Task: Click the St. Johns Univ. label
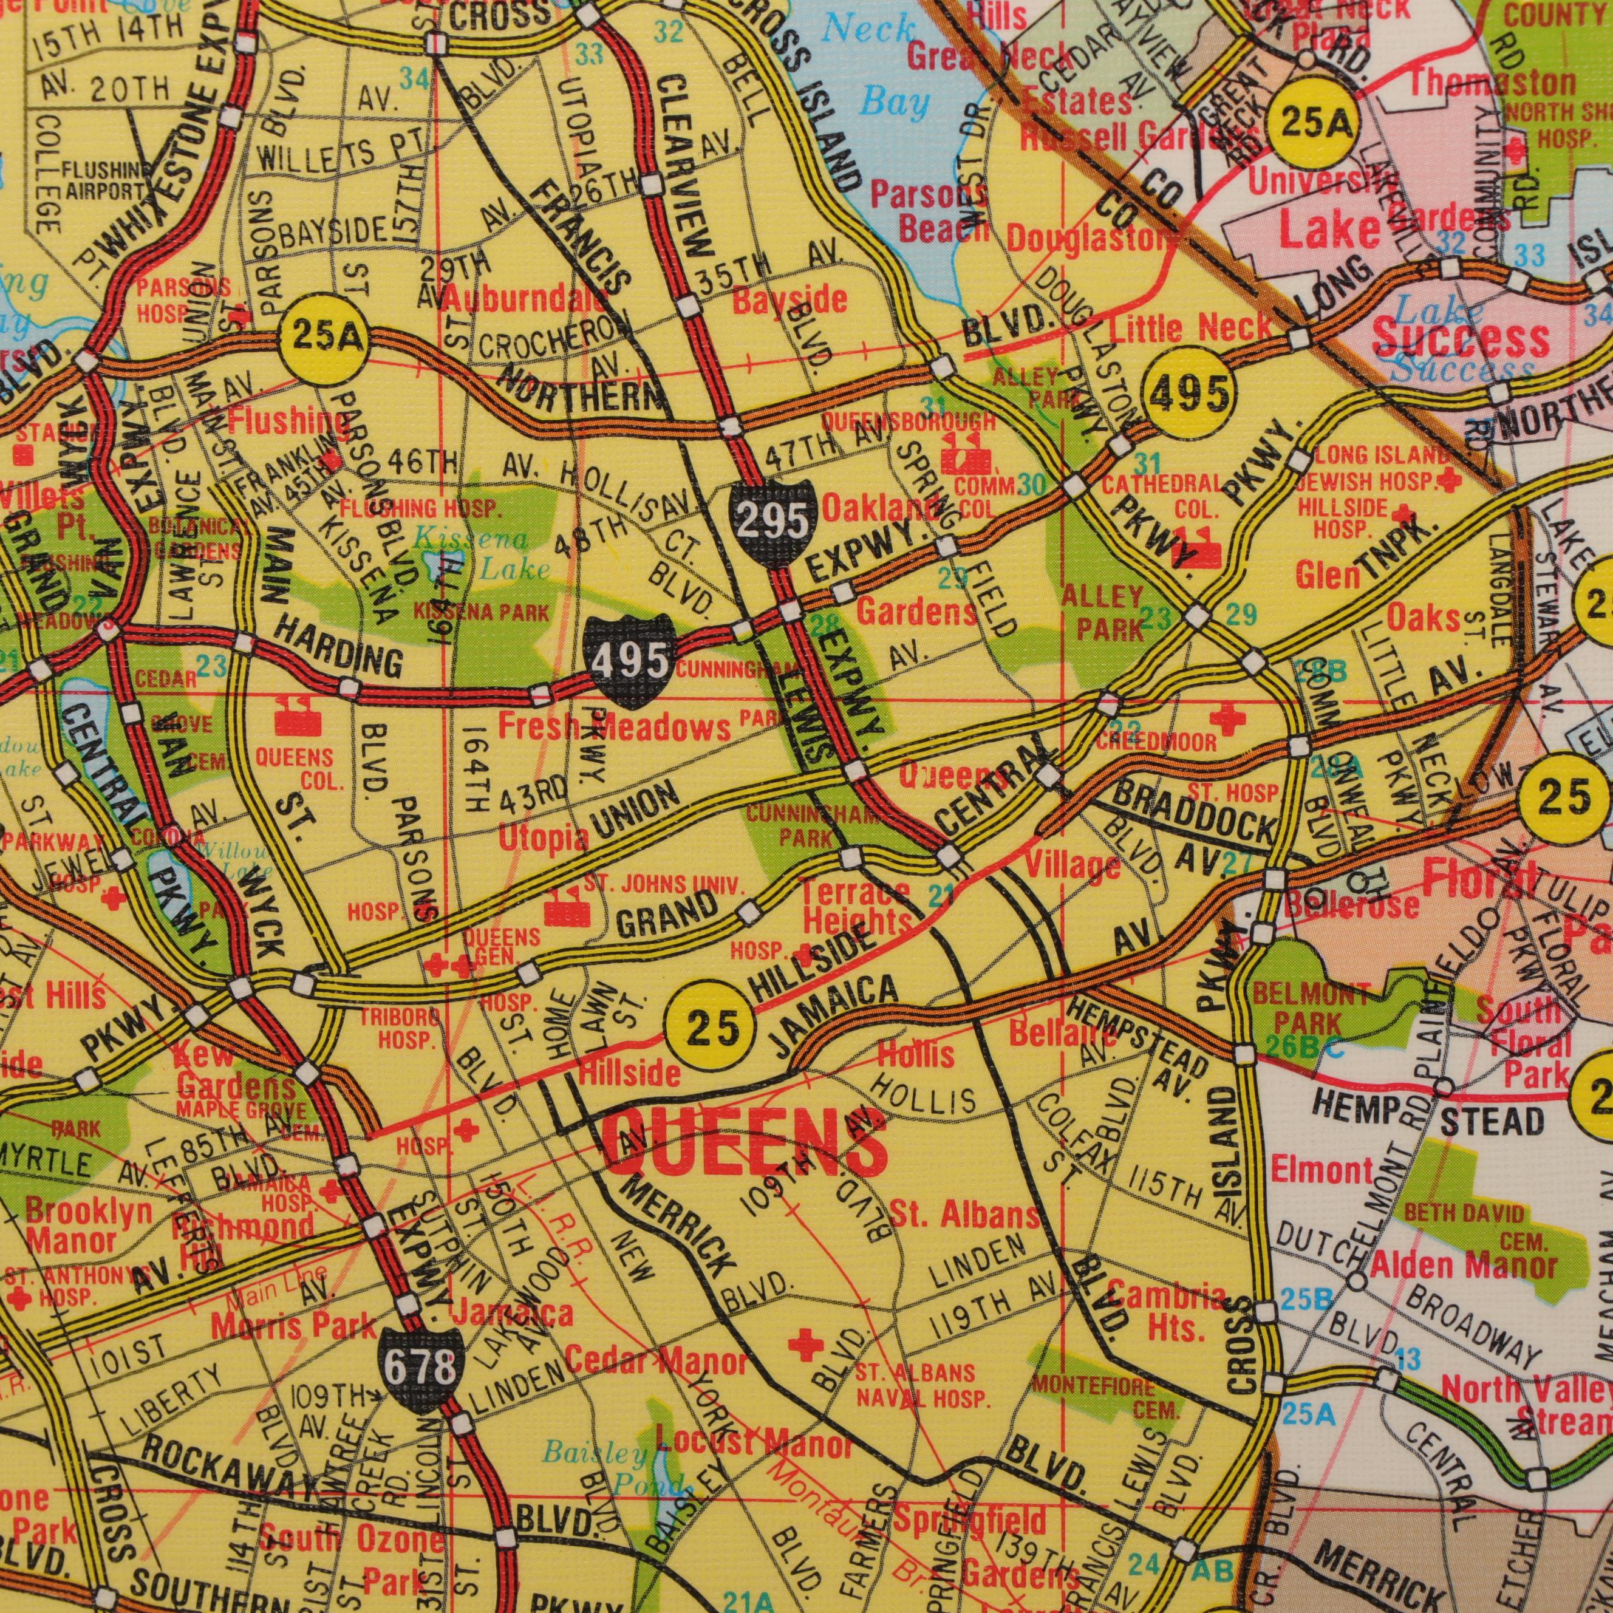(660, 883)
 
